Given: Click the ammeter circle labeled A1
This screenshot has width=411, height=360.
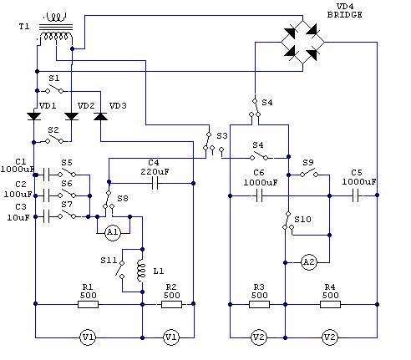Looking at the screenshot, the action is pyautogui.click(x=113, y=232).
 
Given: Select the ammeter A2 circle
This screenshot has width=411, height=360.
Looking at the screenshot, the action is pyautogui.click(x=309, y=262).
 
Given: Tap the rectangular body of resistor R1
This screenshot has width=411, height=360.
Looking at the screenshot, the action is pyautogui.click(x=88, y=304).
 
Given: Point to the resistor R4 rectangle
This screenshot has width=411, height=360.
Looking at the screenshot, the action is pyautogui.click(x=330, y=304).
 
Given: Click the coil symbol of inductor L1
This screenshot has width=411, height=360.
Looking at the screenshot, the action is pyautogui.click(x=141, y=271).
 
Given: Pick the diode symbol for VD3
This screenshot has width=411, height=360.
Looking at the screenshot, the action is pyautogui.click(x=100, y=116).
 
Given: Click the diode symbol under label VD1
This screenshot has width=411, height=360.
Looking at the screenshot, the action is pyautogui.click(x=34, y=116).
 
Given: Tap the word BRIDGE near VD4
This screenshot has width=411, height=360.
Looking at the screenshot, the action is pyautogui.click(x=345, y=15).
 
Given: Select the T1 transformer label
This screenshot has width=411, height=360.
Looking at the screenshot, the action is pyautogui.click(x=24, y=27).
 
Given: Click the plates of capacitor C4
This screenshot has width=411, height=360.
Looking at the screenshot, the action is pyautogui.click(x=155, y=184).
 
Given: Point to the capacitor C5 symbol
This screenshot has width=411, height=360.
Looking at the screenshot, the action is pyautogui.click(x=356, y=195).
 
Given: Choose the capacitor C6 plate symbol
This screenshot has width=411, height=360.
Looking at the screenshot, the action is pyautogui.click(x=259, y=195).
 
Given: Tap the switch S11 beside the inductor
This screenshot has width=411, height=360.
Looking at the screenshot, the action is pyautogui.click(x=120, y=270).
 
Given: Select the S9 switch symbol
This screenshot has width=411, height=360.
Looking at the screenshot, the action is pyautogui.click(x=309, y=173).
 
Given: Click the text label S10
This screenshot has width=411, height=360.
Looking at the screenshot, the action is pyautogui.click(x=302, y=220).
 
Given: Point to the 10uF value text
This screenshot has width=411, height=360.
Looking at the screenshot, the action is pyautogui.click(x=18, y=218).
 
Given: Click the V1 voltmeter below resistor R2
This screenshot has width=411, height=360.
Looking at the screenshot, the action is pyautogui.click(x=171, y=337).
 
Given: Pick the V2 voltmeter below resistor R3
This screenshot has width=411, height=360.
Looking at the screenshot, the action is pyautogui.click(x=259, y=337).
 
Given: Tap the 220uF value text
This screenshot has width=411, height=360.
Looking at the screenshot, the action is pyautogui.click(x=155, y=172).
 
